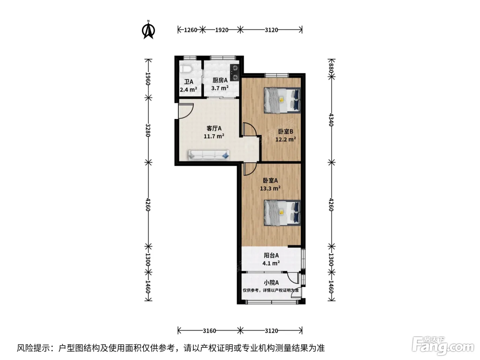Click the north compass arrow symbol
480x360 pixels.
148,30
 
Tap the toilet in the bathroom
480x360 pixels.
186,69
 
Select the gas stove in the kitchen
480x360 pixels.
235,73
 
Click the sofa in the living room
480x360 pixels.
208,155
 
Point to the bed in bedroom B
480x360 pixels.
282,100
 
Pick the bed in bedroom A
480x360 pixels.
282,213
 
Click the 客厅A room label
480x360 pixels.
214,128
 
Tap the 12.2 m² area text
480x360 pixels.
286,139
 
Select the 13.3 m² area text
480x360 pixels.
270,188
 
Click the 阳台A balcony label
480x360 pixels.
271,255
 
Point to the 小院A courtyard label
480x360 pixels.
271,283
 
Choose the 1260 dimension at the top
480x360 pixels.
191,30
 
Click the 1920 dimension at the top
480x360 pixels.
221,30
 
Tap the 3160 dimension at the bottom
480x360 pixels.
209,331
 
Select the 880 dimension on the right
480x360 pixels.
331,68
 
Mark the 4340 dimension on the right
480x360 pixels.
331,120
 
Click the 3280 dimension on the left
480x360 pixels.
148,130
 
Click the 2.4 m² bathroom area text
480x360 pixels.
188,89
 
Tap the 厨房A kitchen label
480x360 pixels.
220,80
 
